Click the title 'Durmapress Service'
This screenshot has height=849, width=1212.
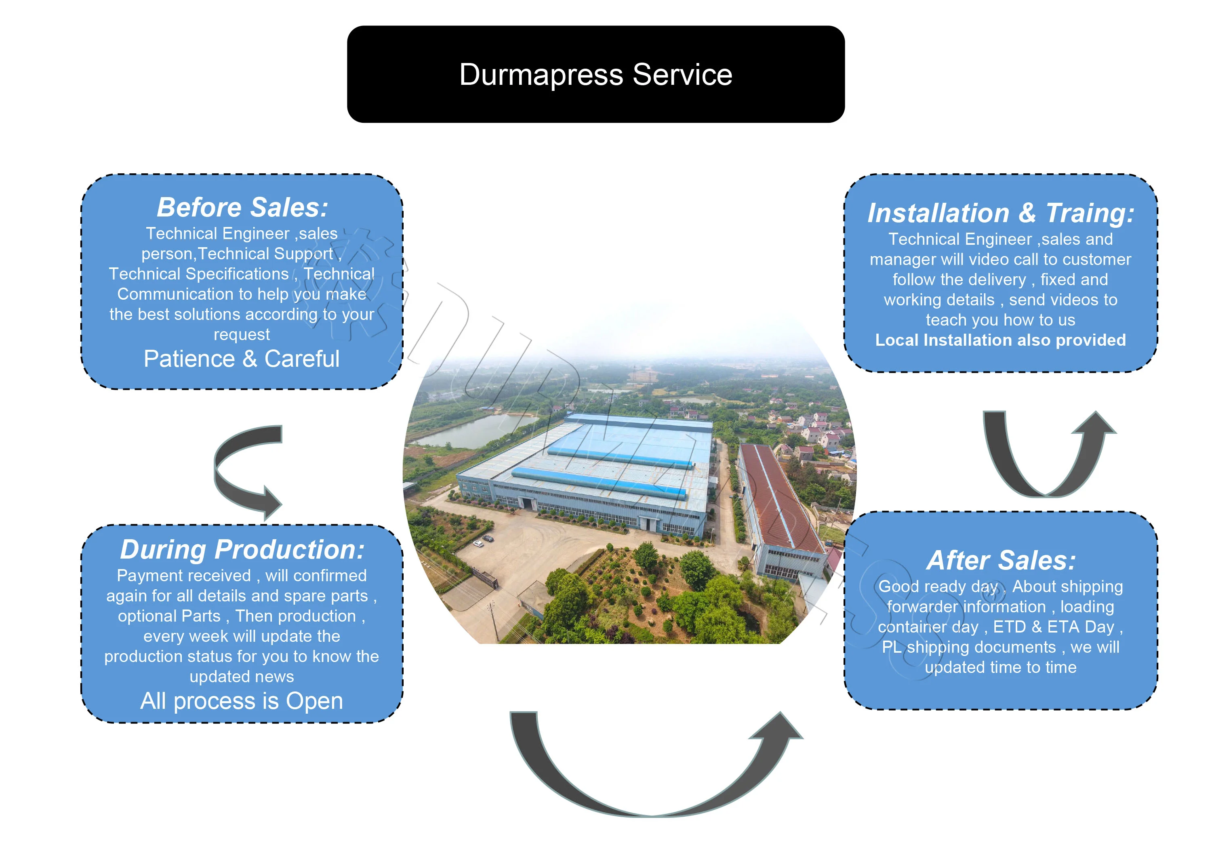click(595, 74)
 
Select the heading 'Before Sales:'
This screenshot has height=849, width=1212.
click(242, 207)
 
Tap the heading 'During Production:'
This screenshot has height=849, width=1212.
click(242, 549)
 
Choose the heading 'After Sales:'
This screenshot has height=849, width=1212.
click(1001, 560)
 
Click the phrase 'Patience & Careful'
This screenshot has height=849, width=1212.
click(242, 359)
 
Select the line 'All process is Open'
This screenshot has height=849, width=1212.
click(242, 701)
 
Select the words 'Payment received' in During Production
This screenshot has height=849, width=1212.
click(184, 576)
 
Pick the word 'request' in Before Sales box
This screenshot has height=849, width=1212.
click(242, 334)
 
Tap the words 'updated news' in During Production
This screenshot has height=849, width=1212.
click(242, 677)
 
